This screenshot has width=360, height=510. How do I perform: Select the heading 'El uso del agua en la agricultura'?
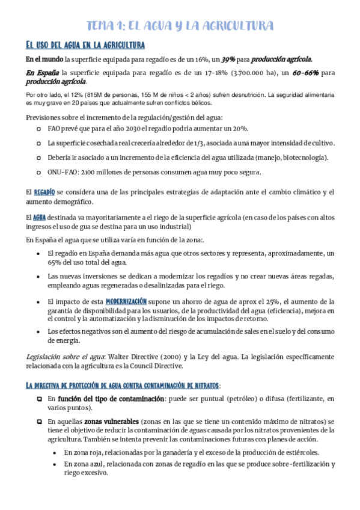tap(84, 45)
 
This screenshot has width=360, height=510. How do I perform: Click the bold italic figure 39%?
tap(228, 60)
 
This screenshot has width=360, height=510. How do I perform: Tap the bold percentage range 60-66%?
tap(305, 73)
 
